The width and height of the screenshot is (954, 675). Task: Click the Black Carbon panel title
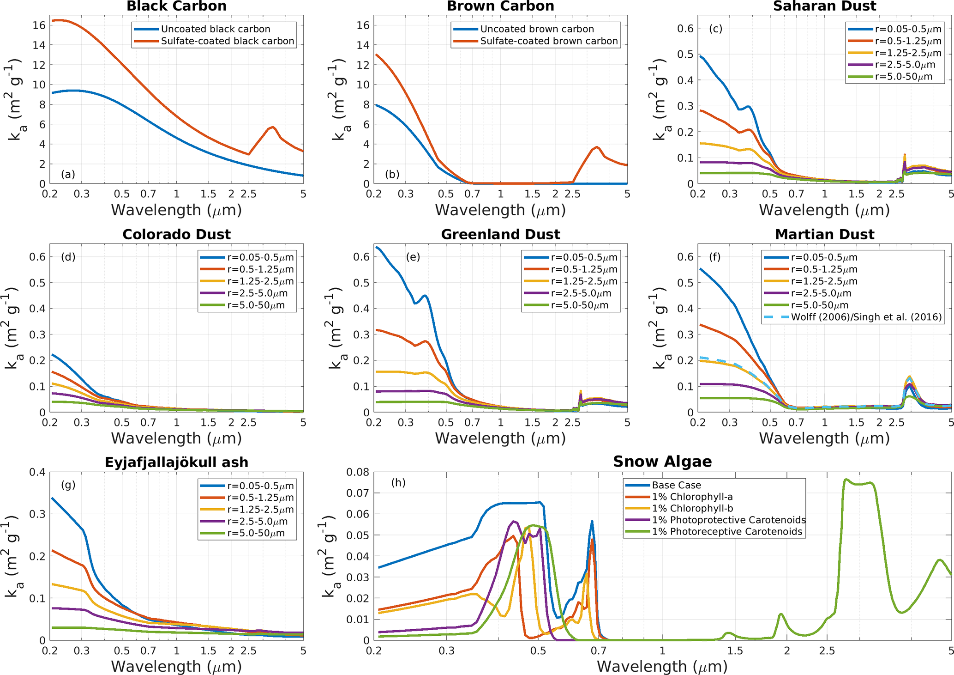point(176,6)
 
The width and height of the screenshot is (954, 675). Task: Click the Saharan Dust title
point(824,6)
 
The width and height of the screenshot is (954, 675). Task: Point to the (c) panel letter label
point(715,29)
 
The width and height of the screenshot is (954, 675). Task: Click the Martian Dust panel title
point(824,234)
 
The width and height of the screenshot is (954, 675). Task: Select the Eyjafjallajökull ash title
point(176,462)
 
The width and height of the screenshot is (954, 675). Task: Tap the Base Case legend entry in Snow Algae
point(676,485)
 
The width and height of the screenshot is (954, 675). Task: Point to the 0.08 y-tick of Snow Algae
point(359,472)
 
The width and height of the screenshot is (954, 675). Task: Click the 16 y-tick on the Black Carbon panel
point(40,25)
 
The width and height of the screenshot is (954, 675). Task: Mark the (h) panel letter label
point(398,483)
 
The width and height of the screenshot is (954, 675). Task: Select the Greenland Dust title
point(500,234)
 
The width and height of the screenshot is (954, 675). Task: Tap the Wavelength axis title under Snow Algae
point(662,666)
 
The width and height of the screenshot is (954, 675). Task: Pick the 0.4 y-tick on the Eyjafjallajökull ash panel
point(37,472)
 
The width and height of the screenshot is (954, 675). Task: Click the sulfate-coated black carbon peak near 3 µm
point(273,127)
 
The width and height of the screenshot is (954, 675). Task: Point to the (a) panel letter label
point(68,174)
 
